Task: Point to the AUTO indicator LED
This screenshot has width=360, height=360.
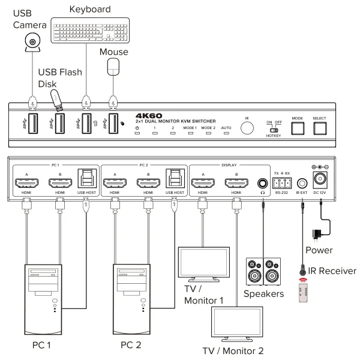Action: [227, 134]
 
